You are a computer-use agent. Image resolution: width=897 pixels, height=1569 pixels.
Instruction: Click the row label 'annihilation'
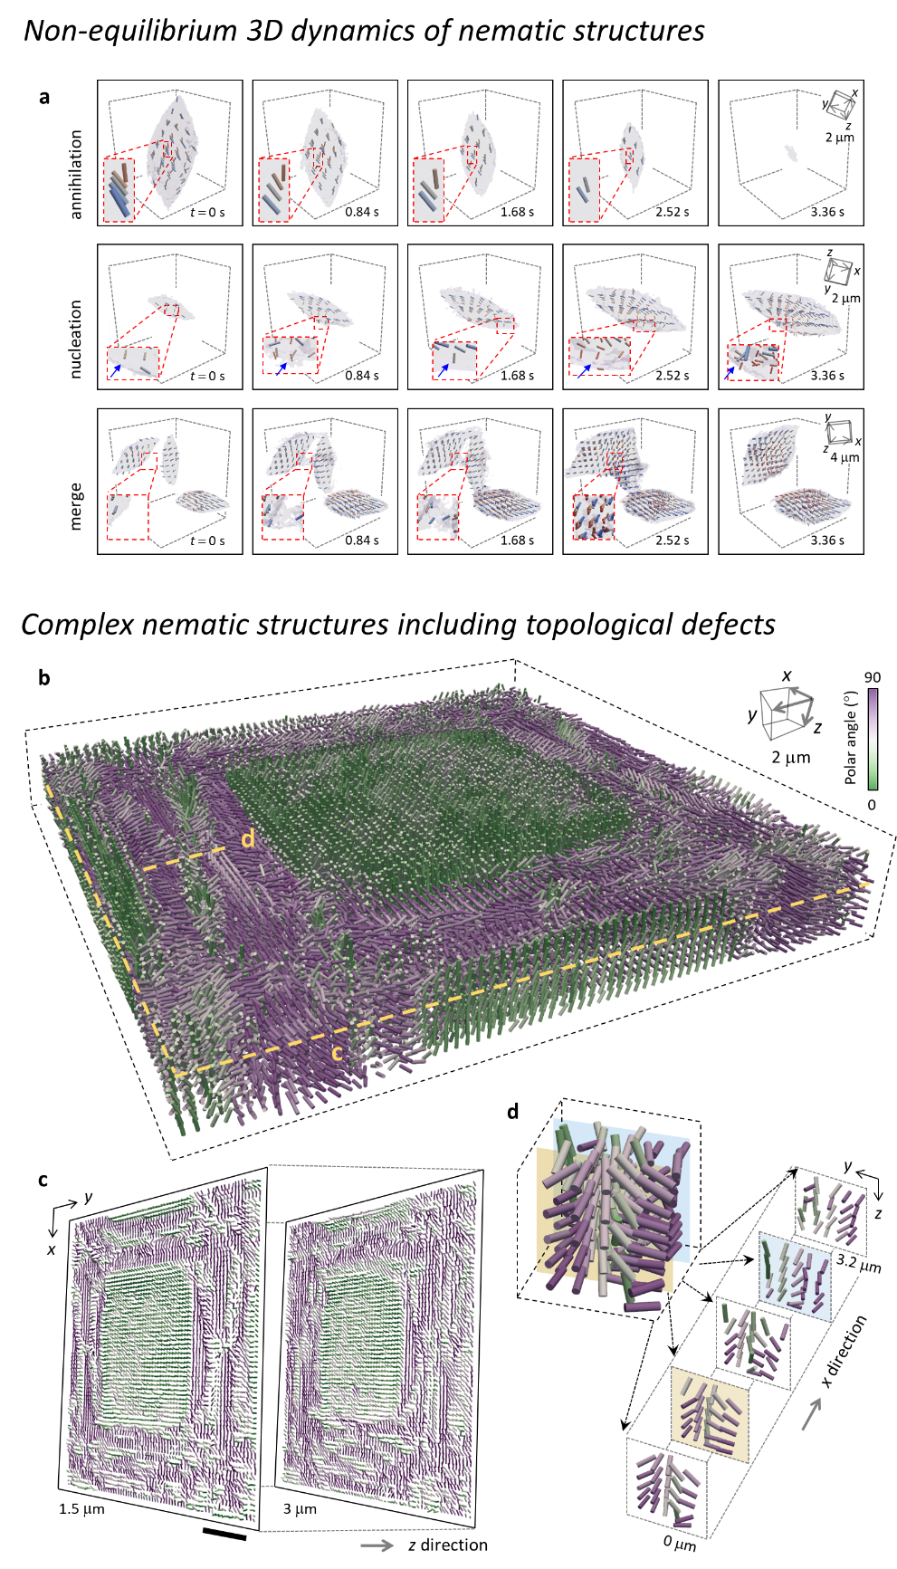coord(76,174)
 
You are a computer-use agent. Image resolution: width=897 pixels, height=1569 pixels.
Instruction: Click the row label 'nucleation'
coord(76,339)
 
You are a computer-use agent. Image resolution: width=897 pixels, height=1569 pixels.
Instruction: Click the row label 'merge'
coord(76,505)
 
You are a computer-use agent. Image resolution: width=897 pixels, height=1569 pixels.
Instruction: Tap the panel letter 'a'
coord(44,97)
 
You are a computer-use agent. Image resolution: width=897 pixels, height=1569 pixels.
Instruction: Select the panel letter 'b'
coord(44,676)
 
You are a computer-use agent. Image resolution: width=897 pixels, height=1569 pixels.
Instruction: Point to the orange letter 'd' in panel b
coord(247,838)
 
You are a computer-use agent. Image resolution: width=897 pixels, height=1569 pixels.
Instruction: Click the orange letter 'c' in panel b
coord(337,1052)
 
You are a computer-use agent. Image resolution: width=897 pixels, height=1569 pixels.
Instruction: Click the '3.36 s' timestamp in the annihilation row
coord(827,212)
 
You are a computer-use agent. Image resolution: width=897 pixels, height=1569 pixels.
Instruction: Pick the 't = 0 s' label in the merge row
coord(207,541)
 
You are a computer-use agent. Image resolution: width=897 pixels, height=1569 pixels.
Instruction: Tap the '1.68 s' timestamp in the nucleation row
coord(518,376)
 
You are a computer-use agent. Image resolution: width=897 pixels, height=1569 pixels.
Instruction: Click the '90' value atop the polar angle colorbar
coord(873,677)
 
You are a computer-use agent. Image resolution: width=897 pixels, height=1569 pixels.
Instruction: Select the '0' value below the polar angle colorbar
coord(872,804)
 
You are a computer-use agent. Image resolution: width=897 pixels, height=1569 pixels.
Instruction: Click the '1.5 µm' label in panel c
coord(82,1509)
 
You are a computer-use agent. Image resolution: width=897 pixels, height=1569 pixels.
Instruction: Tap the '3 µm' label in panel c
coord(300,1509)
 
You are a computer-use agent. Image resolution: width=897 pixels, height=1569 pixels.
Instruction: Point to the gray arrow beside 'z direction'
coord(377,1545)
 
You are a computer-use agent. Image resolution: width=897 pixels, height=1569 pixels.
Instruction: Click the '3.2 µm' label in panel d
coord(858,1261)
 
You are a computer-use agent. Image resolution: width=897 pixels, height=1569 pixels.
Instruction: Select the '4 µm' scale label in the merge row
coord(845,457)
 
